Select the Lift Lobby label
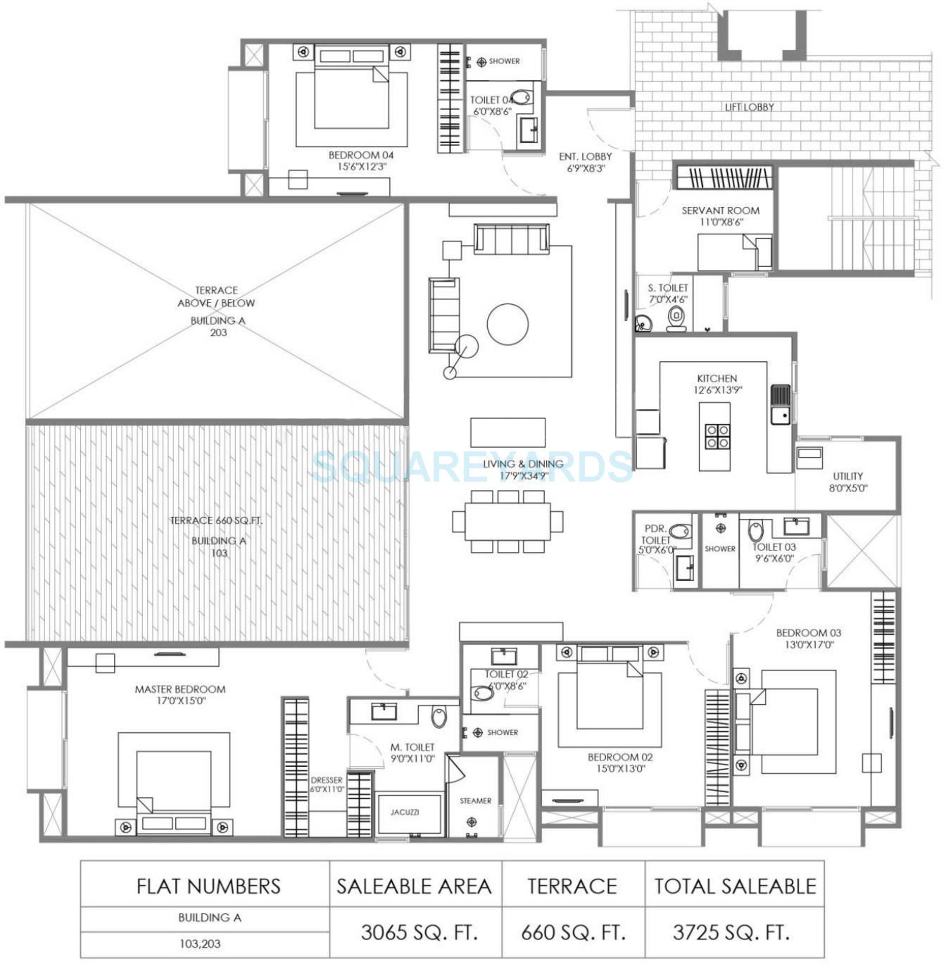[749, 107]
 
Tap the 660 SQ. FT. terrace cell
[572, 933]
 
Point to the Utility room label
[848, 476]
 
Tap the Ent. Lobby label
[585, 156]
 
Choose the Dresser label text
[326, 780]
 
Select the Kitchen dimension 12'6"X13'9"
[717, 390]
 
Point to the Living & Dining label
[523, 464]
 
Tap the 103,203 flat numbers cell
[200, 944]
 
